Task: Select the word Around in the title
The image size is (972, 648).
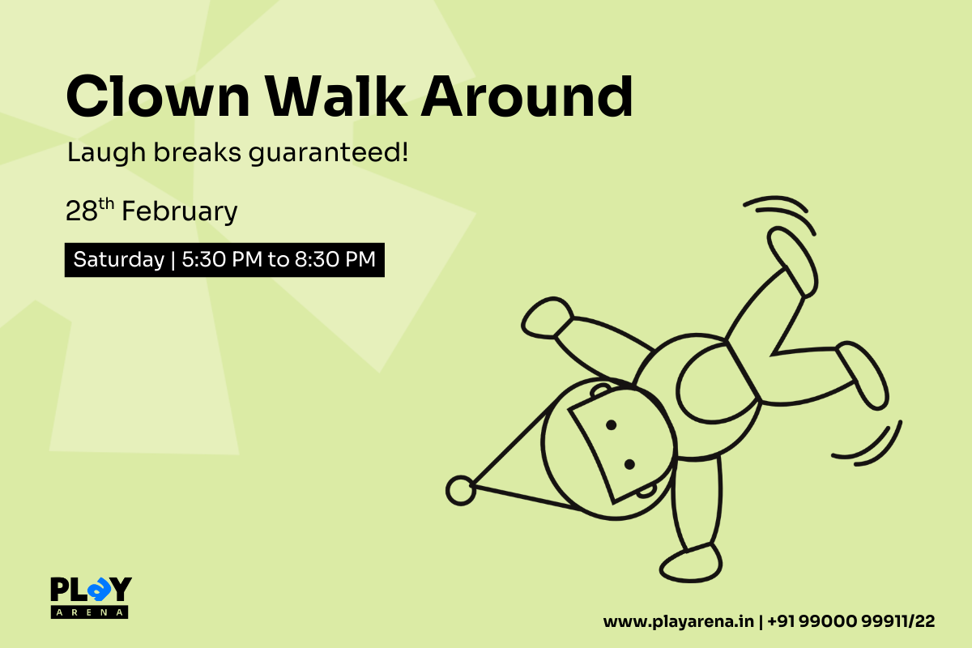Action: point(526,97)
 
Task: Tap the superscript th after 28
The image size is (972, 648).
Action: point(107,204)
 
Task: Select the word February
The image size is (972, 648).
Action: point(180,212)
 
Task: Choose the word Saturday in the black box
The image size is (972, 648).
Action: point(118,260)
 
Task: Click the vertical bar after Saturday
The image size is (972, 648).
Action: point(172,260)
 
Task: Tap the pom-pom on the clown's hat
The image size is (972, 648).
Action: point(461,489)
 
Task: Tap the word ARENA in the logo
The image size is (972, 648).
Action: point(90,612)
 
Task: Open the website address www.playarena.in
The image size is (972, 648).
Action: point(678,622)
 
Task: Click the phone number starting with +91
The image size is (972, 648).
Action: point(850,622)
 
